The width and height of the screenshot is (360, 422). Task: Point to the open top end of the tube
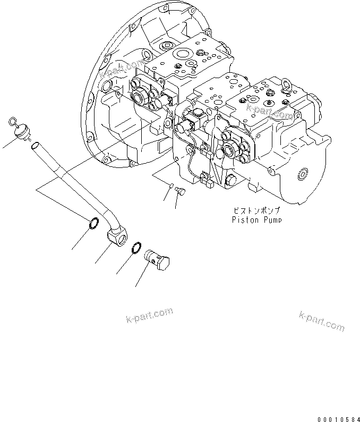(35, 145)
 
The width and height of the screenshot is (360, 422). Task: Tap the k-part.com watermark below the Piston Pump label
(322, 320)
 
